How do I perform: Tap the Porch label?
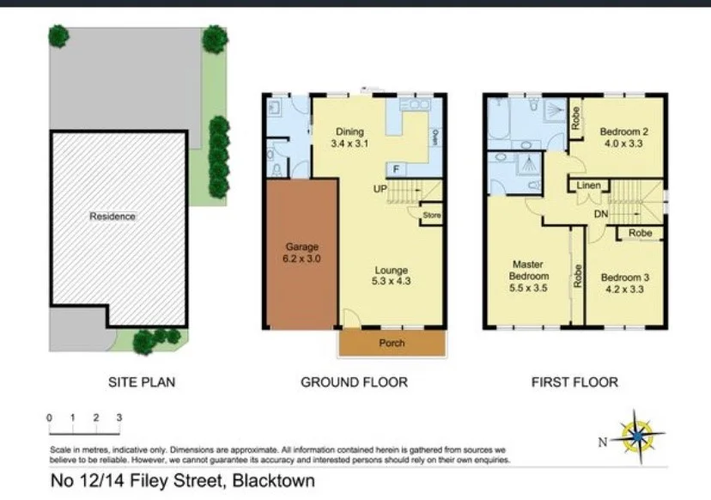point(392,343)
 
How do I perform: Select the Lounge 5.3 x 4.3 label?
point(391,277)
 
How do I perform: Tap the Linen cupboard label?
point(588,186)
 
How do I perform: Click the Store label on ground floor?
point(430,216)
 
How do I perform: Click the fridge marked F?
point(395,168)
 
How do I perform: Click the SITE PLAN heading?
point(141,381)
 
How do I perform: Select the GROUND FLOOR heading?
point(354,381)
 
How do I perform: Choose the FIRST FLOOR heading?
point(574,381)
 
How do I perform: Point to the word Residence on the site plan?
point(112,216)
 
